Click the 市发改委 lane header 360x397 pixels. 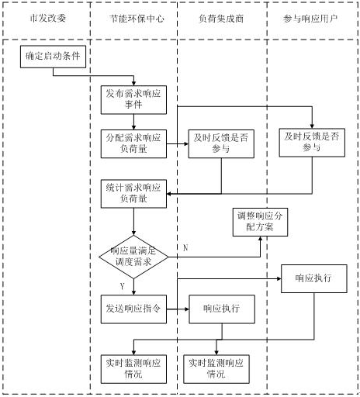[48, 19]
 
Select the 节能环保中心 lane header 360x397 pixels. [137, 19]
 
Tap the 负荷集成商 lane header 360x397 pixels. [221, 19]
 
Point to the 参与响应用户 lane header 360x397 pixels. [310, 19]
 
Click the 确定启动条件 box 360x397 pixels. [53, 57]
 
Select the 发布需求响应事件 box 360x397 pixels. [133, 100]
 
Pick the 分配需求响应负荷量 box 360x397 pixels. [133, 143]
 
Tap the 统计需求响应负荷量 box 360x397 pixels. [133, 194]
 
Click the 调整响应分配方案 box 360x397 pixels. [260, 222]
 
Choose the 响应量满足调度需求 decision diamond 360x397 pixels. [133, 257]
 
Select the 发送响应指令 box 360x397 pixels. [133, 309]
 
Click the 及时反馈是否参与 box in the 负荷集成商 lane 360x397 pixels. [221, 143]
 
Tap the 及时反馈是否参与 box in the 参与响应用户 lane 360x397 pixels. [312, 143]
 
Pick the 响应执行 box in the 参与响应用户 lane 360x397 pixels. [314, 278]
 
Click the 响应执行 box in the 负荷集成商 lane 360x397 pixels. [222, 309]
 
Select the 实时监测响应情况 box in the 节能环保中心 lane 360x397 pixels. [133, 369]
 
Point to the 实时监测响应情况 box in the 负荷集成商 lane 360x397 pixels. [216, 369]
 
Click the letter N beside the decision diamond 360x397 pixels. [185, 248]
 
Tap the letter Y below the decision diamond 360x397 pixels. [122, 286]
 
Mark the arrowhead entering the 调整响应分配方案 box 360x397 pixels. [260, 239]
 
